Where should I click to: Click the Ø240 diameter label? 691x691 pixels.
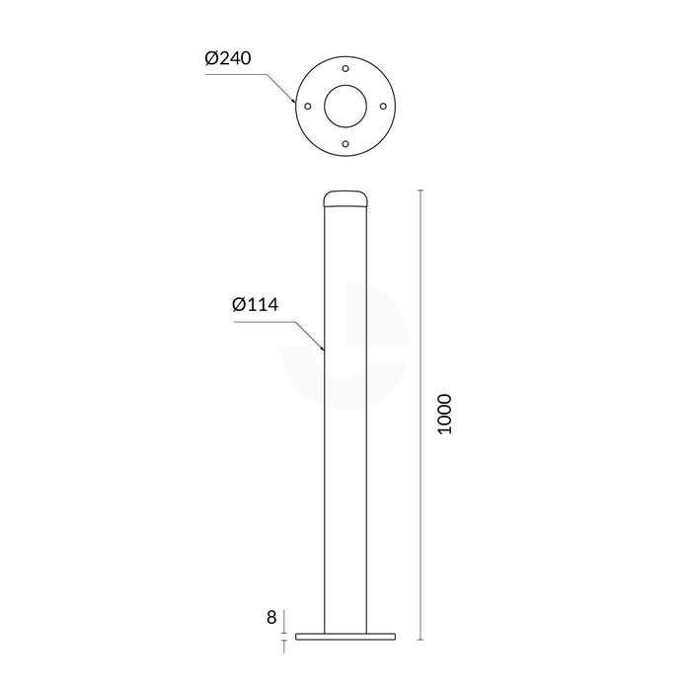pyautogui.click(x=229, y=58)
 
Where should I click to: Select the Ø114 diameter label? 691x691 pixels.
pyautogui.click(x=257, y=305)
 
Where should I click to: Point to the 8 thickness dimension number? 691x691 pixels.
pyautogui.click(x=271, y=619)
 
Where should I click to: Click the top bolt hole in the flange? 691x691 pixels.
pyautogui.click(x=345, y=68)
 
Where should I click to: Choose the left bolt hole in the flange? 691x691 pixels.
pyautogui.click(x=308, y=106)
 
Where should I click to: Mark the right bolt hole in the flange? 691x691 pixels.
pyautogui.click(x=383, y=106)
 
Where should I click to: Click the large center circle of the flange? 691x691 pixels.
pyautogui.click(x=345, y=106)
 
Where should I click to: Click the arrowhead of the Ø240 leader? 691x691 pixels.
pyautogui.click(x=294, y=101)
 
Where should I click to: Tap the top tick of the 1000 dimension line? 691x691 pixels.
pyautogui.click(x=422, y=190)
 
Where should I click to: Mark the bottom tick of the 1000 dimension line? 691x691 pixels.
pyautogui.click(x=422, y=641)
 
